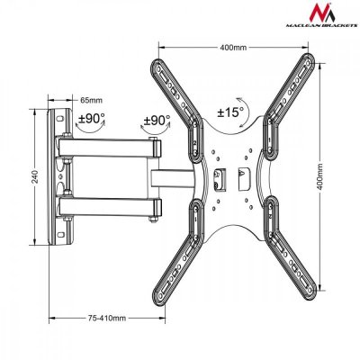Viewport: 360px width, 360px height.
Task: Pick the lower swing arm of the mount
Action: point(108,208)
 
